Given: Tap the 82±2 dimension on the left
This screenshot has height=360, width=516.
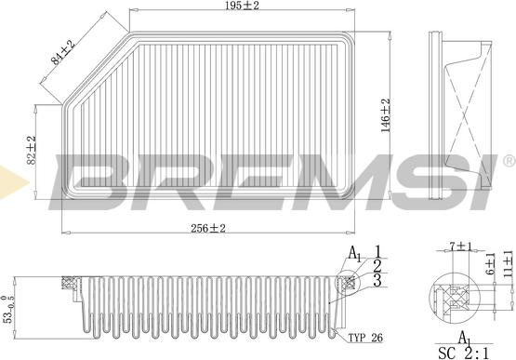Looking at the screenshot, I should (31, 149).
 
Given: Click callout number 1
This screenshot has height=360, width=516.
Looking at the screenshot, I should (378, 249).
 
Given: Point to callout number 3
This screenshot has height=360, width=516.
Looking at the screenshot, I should (378, 279).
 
